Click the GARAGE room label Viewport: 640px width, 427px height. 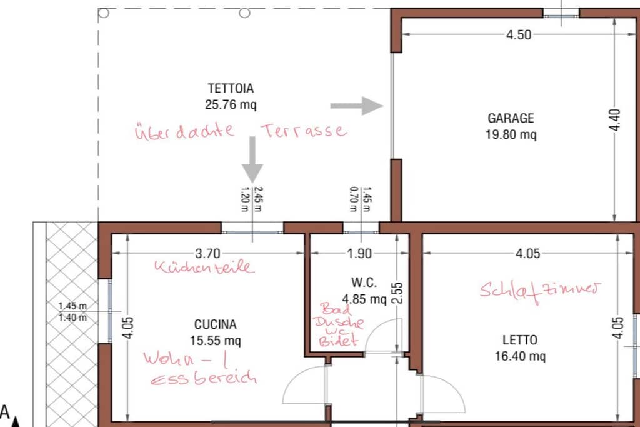(x=511, y=118)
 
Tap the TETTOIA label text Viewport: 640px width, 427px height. (x=231, y=88)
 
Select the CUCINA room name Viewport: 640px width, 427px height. (x=215, y=324)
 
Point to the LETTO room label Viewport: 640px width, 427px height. (x=519, y=340)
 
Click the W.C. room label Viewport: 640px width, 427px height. (x=364, y=283)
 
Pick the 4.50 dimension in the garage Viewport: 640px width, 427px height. (x=519, y=35)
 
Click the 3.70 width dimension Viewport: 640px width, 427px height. (x=207, y=253)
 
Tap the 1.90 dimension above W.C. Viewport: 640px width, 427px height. (x=359, y=253)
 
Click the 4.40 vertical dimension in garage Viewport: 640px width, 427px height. (x=615, y=120)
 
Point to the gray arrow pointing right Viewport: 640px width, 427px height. (x=356, y=106)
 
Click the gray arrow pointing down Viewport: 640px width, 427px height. (x=252, y=159)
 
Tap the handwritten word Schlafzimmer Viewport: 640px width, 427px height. (x=540, y=291)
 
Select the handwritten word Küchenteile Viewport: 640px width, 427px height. (x=204, y=267)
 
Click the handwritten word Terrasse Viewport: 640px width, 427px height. (x=304, y=131)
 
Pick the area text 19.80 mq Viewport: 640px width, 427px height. (x=511, y=134)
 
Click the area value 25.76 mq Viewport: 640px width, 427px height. (x=231, y=104)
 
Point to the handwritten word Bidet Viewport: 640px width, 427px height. (x=339, y=341)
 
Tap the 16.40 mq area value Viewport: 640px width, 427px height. (x=520, y=356)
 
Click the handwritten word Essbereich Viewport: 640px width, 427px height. (x=204, y=378)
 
